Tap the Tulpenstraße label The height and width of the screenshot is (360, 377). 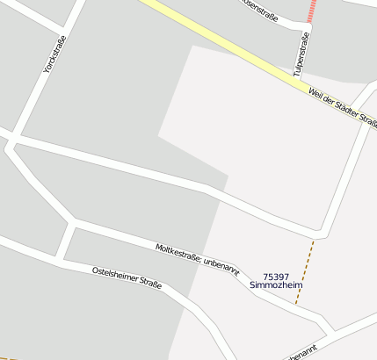(x=301, y=52)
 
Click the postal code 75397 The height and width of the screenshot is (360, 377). (x=275, y=277)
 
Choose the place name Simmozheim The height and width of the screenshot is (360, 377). (x=275, y=286)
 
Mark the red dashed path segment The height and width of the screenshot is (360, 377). (x=311, y=11)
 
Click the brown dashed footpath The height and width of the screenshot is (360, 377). (x=304, y=272)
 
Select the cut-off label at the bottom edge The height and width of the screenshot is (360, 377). (x=300, y=356)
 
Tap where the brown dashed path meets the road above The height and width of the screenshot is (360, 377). (x=314, y=237)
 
